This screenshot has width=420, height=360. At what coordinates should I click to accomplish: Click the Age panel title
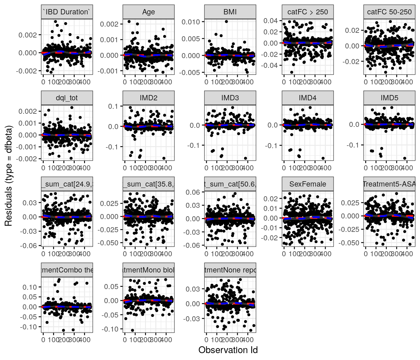point(148,12)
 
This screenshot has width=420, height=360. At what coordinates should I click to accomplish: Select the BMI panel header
point(230,12)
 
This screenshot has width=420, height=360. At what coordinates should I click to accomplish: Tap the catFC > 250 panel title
point(307,12)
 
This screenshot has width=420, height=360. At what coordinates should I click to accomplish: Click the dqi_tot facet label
point(67,98)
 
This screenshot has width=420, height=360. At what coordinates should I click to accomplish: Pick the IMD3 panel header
point(230,98)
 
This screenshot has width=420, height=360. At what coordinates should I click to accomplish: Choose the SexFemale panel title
point(307,184)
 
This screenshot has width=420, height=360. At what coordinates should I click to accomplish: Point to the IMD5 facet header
point(389,98)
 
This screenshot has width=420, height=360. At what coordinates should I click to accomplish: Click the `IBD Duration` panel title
point(67,12)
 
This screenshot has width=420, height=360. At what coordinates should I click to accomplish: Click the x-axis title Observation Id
point(228,350)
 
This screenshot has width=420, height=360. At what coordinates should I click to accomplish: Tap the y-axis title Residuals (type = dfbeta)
point(8,176)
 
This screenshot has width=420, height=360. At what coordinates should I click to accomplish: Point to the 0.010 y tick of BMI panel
point(191,22)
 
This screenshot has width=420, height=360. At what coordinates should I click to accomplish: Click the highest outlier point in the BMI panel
point(226,22)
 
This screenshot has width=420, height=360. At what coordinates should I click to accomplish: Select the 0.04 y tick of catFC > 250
point(270,21)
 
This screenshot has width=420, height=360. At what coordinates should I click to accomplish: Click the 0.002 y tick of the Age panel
point(109,24)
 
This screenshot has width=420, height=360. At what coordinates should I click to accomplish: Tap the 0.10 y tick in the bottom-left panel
point(30,287)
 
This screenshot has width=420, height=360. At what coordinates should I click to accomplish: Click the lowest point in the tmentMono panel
point(132,330)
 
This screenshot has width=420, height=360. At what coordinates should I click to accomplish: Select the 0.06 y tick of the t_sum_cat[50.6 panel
point(193,192)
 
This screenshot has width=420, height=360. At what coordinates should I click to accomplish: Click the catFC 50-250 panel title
point(389,12)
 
